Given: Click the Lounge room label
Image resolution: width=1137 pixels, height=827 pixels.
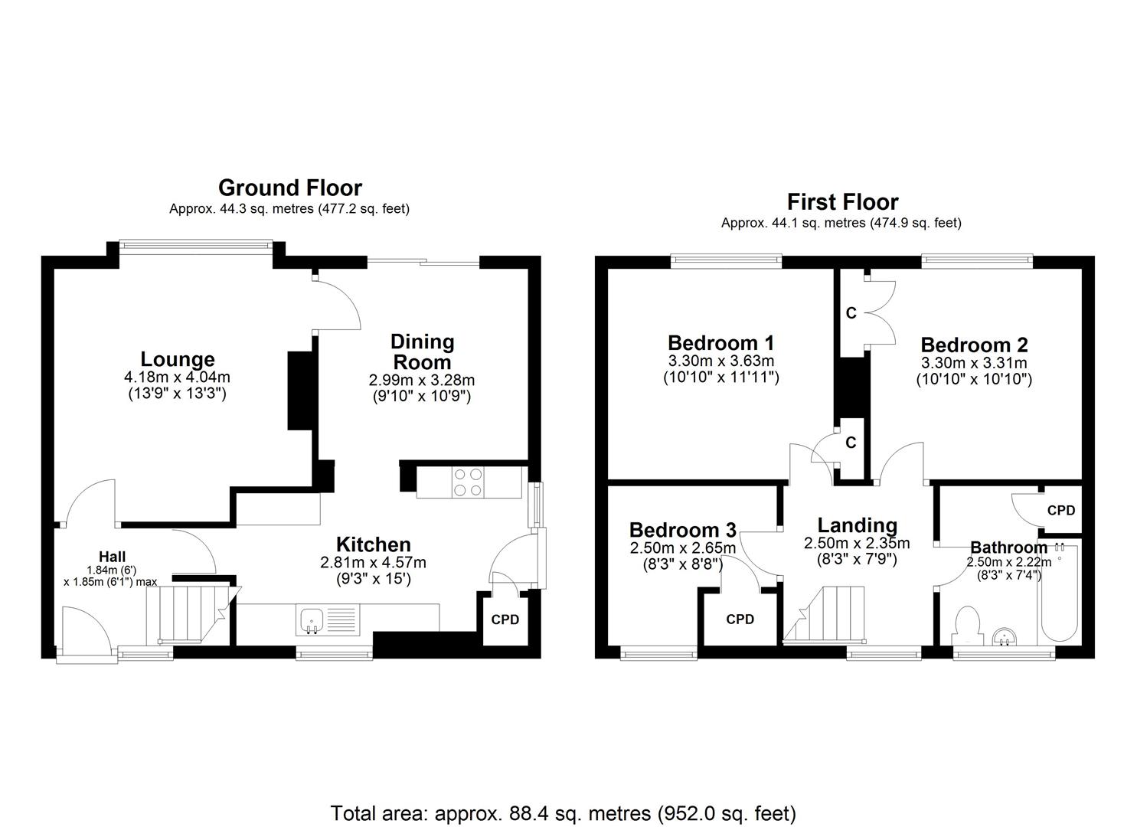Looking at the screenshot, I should click(x=177, y=359).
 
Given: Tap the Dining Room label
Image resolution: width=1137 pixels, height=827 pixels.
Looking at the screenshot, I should click(x=422, y=351).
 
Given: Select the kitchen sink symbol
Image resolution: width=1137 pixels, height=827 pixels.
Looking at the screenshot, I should click(x=312, y=620).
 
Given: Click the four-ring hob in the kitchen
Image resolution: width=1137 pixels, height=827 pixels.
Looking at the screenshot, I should click(x=468, y=482).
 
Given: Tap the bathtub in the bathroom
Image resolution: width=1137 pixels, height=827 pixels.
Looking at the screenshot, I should click(x=1058, y=593).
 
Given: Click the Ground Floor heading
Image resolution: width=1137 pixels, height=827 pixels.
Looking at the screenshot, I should click(x=289, y=188).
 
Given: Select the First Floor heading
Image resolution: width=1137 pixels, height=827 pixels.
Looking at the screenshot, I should click(x=842, y=202).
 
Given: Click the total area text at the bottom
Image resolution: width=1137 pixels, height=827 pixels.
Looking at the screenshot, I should click(x=563, y=812).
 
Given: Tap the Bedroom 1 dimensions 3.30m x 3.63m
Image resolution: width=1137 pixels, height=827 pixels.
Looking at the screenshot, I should click(x=720, y=361).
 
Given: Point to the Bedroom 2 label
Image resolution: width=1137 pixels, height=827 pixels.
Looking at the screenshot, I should click(x=974, y=345).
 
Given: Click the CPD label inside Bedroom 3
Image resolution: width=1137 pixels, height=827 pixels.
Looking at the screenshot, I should click(x=740, y=619).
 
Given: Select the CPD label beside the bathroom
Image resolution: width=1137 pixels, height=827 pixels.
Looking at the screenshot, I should click(x=1060, y=510).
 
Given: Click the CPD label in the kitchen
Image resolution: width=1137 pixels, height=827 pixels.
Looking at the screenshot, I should click(x=505, y=619).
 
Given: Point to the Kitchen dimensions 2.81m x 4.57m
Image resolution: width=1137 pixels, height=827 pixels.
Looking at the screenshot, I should click(x=374, y=563).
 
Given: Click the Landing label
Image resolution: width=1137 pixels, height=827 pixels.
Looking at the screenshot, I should click(x=857, y=525).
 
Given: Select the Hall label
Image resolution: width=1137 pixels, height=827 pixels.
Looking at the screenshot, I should click(x=112, y=557).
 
